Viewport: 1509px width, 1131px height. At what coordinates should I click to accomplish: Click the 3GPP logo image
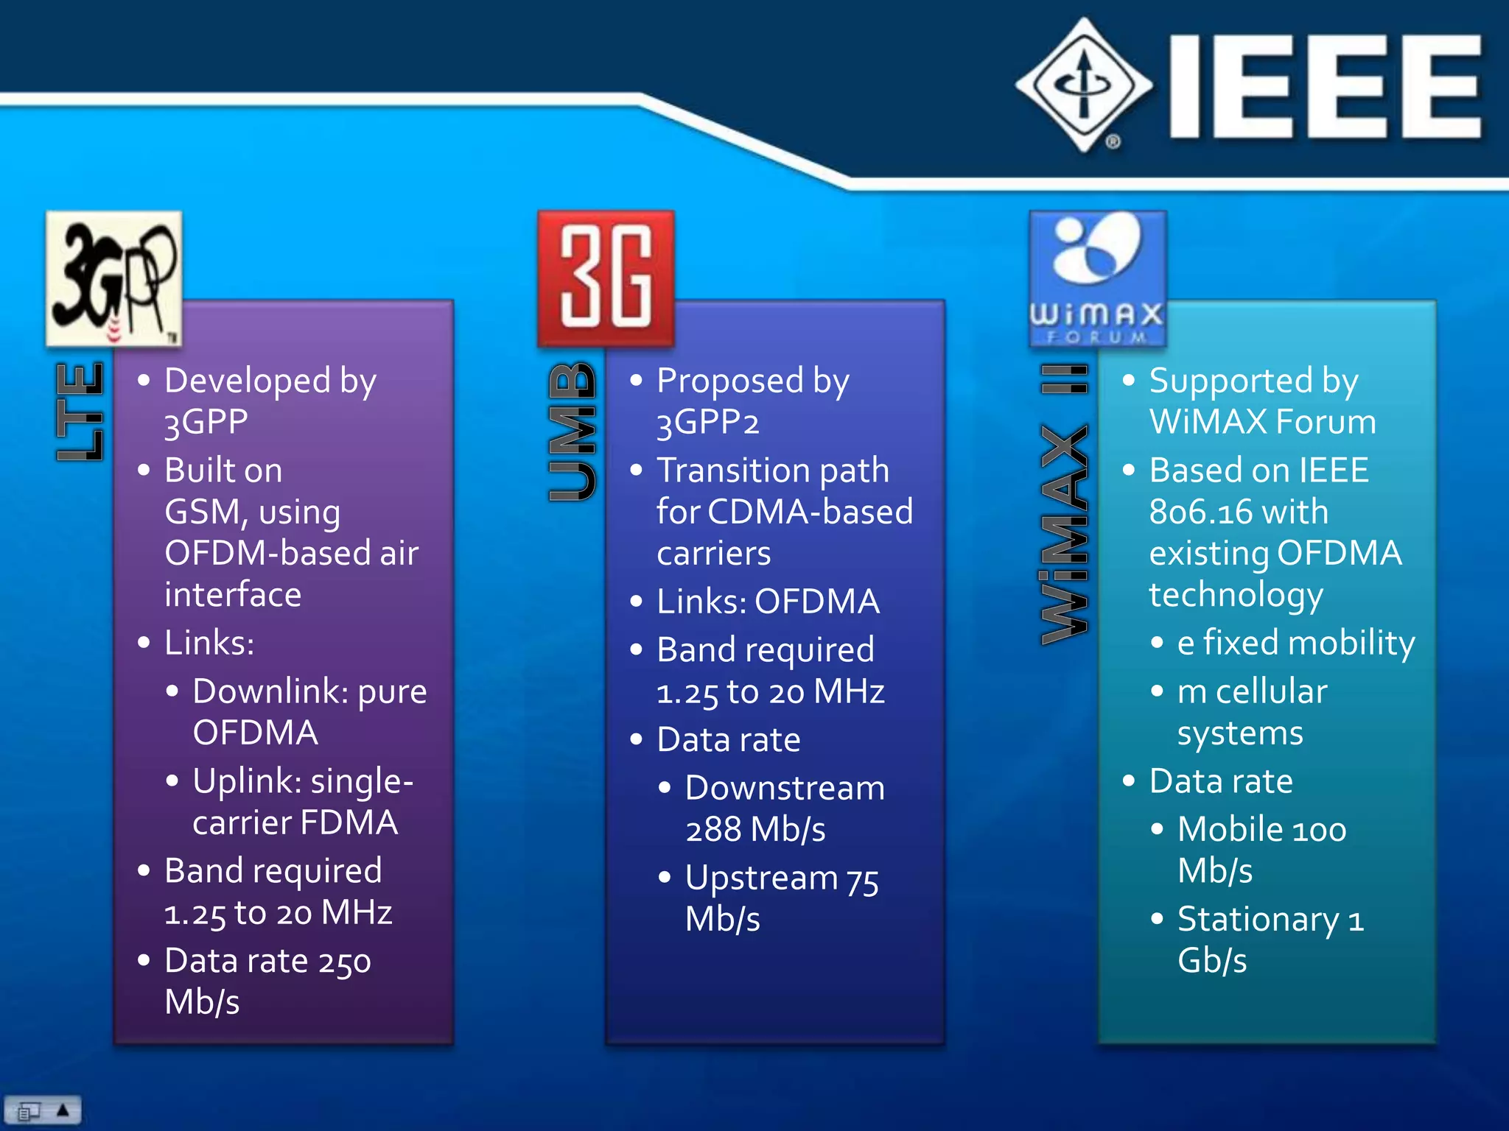[113, 278]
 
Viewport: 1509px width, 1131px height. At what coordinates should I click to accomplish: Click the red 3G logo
[606, 278]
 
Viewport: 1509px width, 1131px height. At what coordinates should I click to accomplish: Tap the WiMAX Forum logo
[1097, 278]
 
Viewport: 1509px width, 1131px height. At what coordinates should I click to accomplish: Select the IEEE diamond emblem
[1083, 85]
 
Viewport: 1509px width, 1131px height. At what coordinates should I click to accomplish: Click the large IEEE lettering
[1325, 87]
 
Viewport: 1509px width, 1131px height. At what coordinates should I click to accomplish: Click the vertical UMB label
[572, 431]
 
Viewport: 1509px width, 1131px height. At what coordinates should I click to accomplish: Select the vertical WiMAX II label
[1064, 504]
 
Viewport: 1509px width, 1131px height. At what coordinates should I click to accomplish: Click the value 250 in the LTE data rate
[344, 962]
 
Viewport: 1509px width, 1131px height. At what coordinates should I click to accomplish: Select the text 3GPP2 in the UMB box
[707, 423]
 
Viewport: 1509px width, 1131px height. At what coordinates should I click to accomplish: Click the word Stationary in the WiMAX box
[1258, 920]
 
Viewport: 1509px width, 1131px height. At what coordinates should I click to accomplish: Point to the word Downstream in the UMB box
[785, 789]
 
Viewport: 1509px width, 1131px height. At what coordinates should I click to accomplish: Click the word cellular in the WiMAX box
[1271, 692]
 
